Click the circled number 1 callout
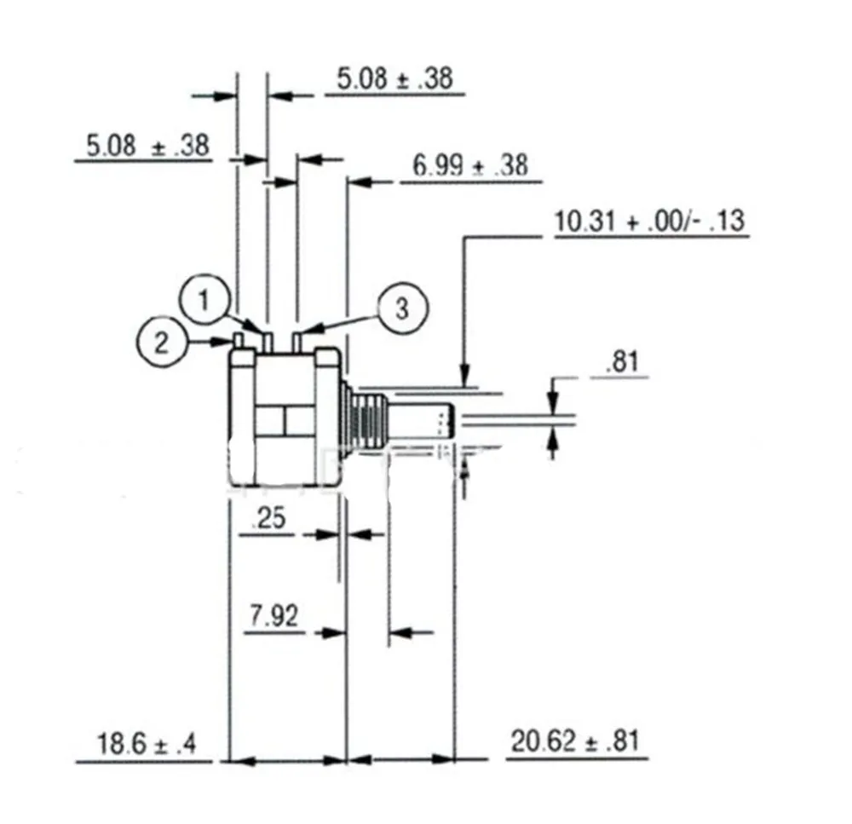click(x=204, y=299)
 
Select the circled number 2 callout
click(x=161, y=343)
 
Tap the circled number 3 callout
click(x=402, y=308)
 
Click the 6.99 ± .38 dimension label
click(x=470, y=164)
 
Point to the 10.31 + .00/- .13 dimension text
click(x=649, y=221)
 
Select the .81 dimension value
click(x=622, y=361)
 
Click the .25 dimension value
click(x=268, y=518)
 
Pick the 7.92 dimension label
click(x=273, y=616)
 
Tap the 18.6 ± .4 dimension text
click(x=147, y=743)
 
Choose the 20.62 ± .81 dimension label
click(x=575, y=740)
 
